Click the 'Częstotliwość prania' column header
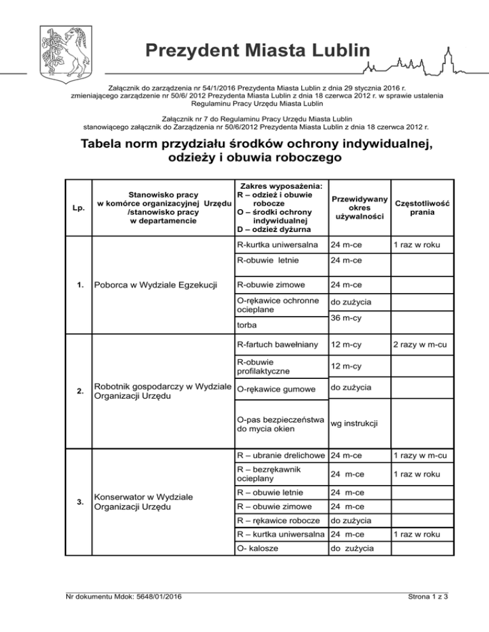click(x=422, y=207)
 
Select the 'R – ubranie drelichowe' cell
click(x=280, y=455)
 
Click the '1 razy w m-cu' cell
click(x=422, y=455)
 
